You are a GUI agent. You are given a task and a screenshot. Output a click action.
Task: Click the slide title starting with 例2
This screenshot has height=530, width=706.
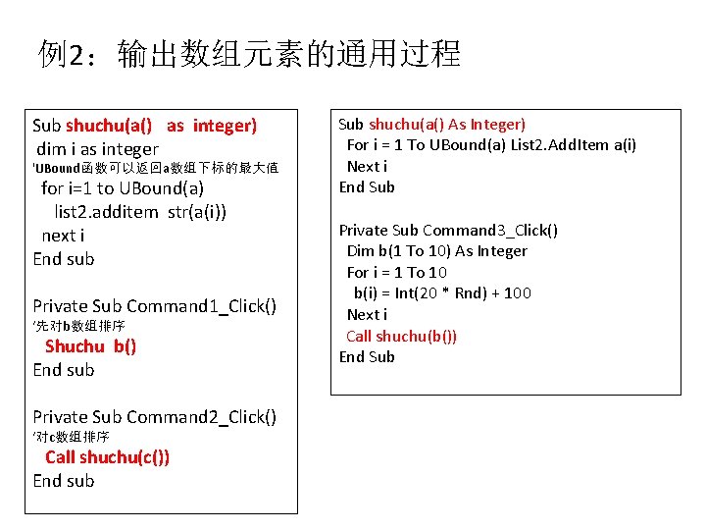pos(249,53)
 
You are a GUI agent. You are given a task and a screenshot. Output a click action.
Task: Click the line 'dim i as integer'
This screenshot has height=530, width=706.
pos(97,149)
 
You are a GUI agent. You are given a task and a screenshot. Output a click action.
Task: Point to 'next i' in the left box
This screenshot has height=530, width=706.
pos(63,236)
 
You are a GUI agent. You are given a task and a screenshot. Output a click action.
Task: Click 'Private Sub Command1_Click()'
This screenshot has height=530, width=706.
pos(155,306)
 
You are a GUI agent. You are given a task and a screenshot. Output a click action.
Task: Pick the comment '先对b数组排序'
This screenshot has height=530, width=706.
pos(79,326)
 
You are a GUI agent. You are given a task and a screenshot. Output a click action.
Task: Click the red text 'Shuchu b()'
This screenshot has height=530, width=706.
pos(90,346)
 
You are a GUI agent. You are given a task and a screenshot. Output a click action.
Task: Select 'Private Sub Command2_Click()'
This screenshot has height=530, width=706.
pos(155,417)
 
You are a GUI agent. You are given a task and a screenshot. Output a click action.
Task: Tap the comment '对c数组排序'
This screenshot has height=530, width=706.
pos(72,437)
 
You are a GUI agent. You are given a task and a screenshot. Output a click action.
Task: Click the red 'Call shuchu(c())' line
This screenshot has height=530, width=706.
pos(107,457)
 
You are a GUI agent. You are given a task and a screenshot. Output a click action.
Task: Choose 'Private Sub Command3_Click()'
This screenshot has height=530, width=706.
pos(448,231)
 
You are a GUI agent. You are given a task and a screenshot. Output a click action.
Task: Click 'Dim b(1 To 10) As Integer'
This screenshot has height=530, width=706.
pos(436,251)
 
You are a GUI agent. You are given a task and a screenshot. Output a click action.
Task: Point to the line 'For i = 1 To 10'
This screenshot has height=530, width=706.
pos(397,273)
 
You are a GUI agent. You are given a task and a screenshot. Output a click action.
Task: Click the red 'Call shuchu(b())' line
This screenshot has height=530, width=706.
pos(401,337)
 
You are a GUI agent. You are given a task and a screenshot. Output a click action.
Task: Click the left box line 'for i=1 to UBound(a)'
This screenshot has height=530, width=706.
pos(123,188)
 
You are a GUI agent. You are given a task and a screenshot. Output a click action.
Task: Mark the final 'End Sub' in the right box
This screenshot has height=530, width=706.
pos(367,357)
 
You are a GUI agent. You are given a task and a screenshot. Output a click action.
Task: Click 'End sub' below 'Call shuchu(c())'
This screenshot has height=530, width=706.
pos(64,481)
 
